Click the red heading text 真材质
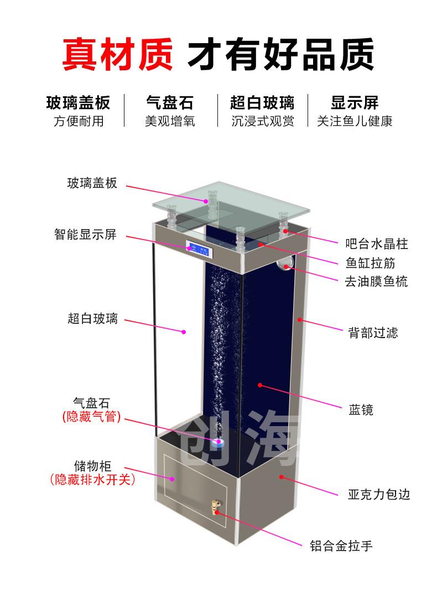[x=117, y=54]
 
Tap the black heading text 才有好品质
[x=281, y=54]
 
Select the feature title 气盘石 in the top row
[x=170, y=102]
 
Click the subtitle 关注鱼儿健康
[x=355, y=121]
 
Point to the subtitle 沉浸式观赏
[x=263, y=121]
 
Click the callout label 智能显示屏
[x=86, y=234]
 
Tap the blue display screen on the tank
[x=199, y=249]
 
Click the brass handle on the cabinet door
[x=216, y=507]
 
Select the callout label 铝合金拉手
[x=341, y=546]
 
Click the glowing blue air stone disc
[x=218, y=443]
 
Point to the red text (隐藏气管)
[x=91, y=417]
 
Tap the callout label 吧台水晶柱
[x=376, y=243]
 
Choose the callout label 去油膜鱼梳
[x=376, y=281]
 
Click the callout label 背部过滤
[x=373, y=333]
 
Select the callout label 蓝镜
[x=361, y=409]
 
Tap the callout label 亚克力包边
[x=378, y=494]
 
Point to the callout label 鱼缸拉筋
[x=370, y=263]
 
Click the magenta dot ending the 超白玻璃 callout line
[x=184, y=332]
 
